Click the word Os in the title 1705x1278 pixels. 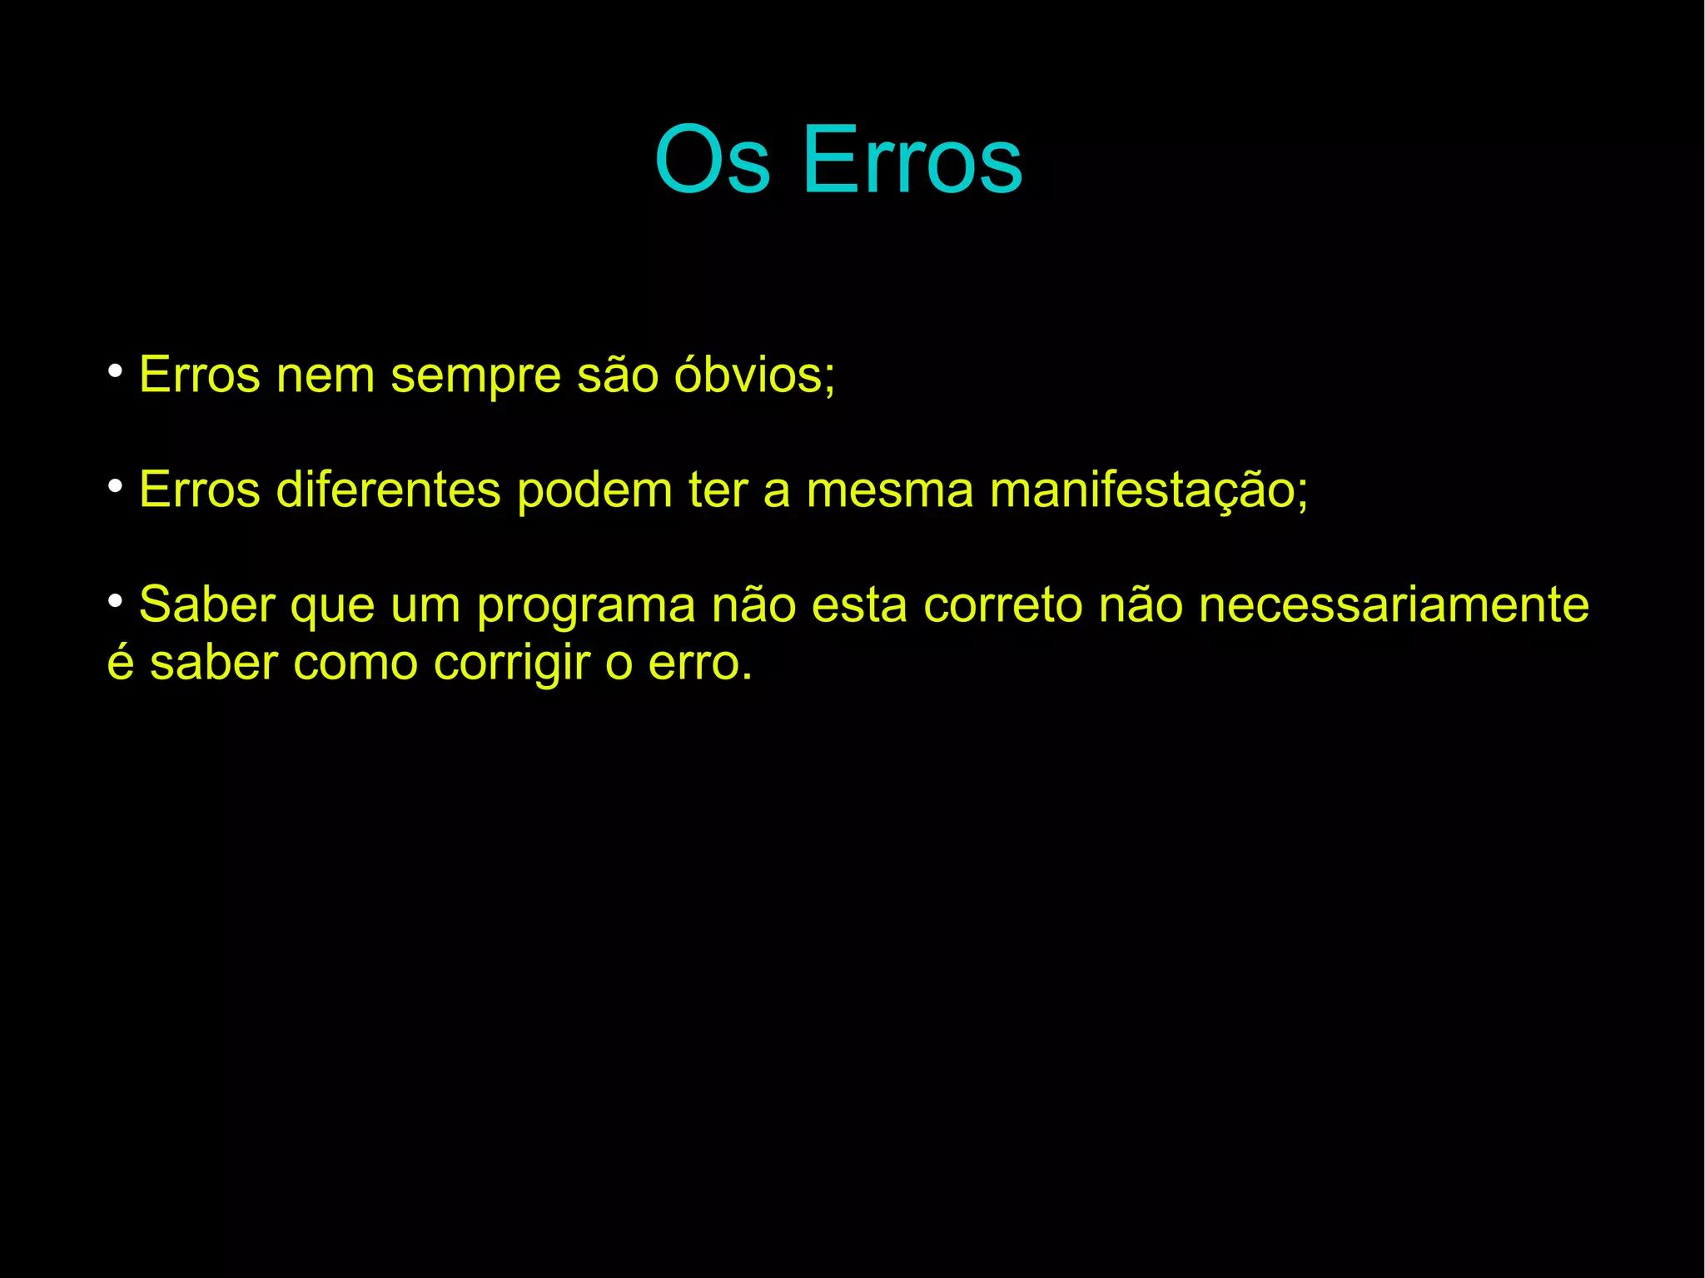712,160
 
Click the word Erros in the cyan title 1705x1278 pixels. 912,160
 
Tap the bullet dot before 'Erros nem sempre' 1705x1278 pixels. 116,369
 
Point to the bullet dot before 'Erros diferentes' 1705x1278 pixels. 116,484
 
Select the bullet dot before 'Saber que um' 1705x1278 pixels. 116,599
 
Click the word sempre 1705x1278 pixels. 476,376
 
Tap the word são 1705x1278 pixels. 618,375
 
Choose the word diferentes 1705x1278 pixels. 388,490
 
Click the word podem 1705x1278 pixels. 594,491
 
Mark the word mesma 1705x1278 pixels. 889,490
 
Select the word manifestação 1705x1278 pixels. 1147,491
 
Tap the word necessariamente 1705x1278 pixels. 1394,605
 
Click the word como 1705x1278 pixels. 355,664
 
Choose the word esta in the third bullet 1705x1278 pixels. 859,605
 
